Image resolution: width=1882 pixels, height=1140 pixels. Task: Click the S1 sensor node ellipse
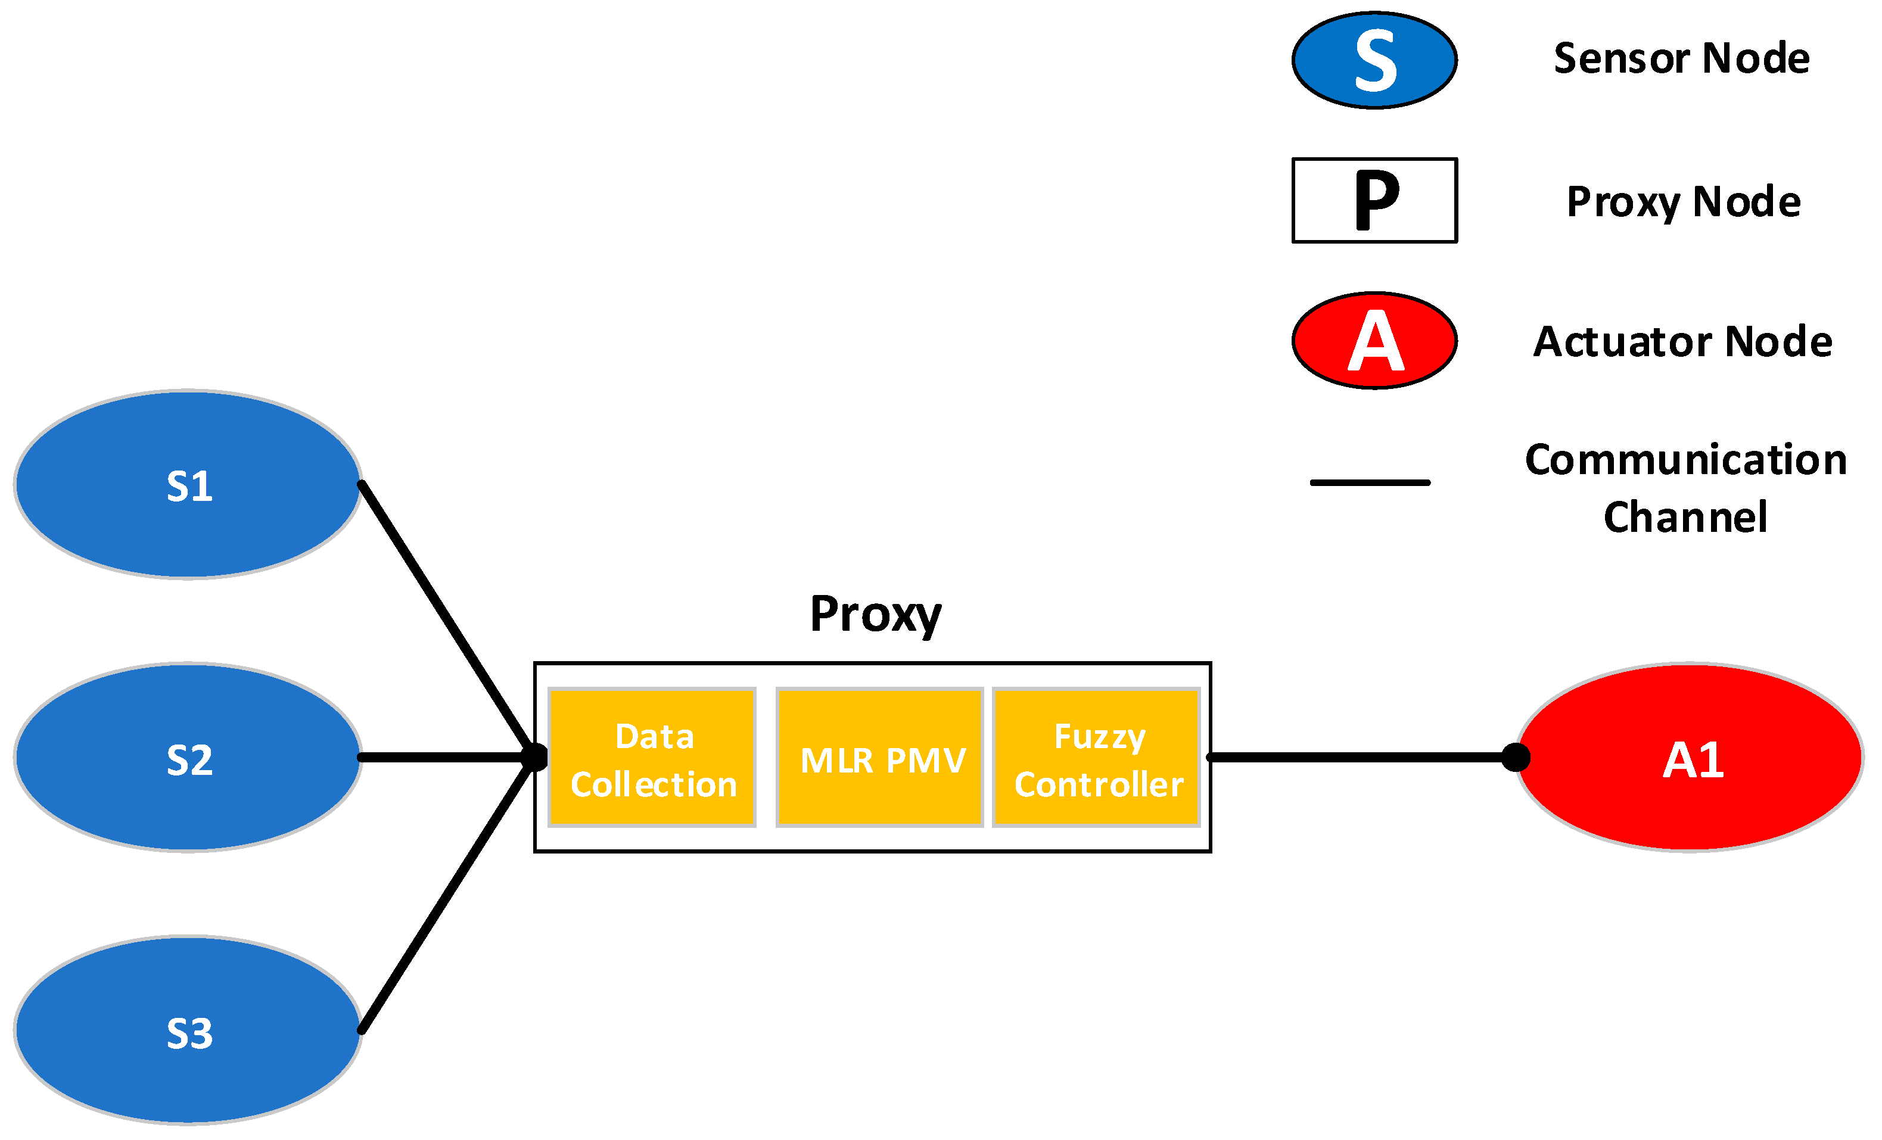[x=188, y=485]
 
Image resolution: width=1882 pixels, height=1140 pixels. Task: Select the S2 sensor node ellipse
[x=188, y=758]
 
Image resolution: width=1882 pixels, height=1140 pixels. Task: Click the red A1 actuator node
[x=1690, y=758]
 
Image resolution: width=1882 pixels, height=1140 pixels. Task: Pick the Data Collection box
[x=652, y=758]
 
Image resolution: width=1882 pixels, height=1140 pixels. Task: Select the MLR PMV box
[x=879, y=758]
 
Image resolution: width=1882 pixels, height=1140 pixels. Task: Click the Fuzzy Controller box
[x=1096, y=758]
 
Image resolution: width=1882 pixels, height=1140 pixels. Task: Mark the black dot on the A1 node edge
[x=1516, y=758]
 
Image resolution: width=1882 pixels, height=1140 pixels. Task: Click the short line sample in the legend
[x=1370, y=482]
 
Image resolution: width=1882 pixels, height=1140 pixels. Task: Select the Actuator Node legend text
[x=1682, y=341]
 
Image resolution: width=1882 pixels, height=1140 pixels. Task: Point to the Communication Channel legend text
[x=1685, y=488]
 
